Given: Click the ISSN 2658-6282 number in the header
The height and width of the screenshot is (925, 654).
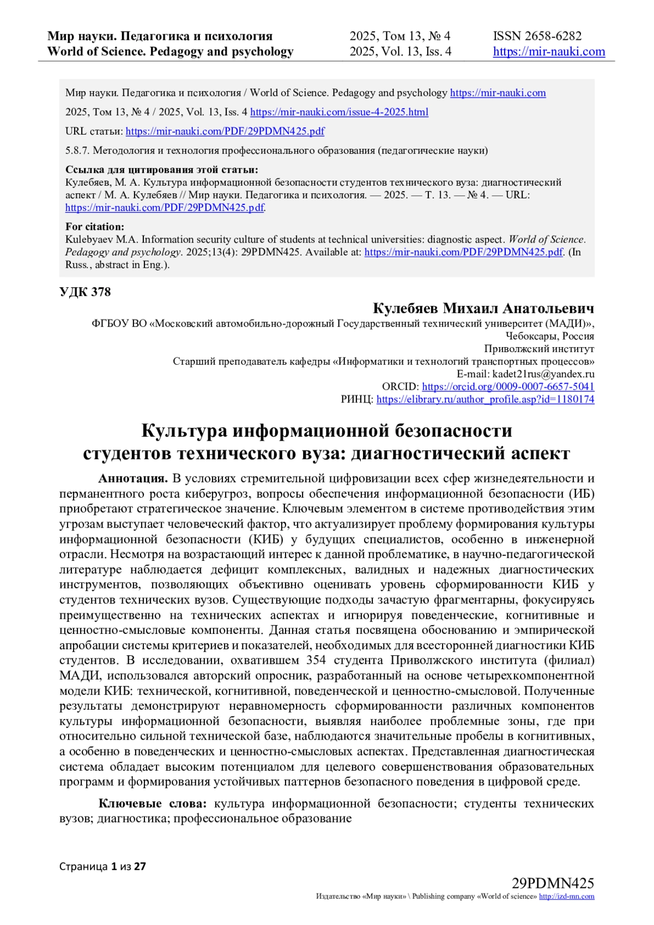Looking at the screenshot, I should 537,36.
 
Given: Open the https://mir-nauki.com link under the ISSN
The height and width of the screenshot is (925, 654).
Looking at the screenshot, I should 549,52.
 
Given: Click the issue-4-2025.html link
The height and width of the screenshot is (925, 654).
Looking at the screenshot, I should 339,112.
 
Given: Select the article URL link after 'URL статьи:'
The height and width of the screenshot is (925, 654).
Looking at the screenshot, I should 225,131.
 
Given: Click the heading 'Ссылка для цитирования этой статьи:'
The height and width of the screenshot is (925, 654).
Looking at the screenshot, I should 161,170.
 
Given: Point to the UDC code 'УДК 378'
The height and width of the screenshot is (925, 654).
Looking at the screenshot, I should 85,292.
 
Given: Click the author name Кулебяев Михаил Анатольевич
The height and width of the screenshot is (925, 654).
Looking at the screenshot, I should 483,309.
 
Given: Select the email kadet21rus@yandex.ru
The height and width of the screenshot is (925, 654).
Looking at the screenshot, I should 543,374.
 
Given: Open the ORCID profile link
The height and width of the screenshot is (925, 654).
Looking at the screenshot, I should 508,386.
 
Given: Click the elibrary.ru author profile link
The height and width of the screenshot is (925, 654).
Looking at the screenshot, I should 485,399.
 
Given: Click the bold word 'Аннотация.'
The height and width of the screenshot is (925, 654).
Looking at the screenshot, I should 133,479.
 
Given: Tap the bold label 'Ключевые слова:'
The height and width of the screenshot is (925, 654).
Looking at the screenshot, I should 153,803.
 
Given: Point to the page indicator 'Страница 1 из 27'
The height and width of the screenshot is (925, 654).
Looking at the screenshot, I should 102,866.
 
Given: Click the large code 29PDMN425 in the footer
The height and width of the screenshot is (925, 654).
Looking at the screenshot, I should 553,883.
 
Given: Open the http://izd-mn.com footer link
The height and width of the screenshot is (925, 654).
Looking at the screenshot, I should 566,897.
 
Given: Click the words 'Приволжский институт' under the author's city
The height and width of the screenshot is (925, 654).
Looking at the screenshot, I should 539,349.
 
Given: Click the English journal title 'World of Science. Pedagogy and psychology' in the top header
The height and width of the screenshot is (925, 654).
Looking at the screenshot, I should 170,52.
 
